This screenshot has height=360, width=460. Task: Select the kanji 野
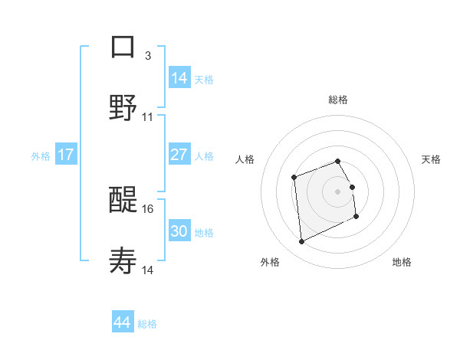(123, 107)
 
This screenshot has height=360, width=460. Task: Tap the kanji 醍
(123, 199)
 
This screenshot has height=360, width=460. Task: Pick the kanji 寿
(123, 261)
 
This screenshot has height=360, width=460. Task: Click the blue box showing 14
(179, 77)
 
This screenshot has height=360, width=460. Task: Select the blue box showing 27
(179, 155)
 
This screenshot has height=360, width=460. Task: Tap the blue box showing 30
(179, 231)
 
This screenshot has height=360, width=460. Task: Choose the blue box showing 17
(66, 155)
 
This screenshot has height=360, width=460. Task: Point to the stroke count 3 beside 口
(148, 55)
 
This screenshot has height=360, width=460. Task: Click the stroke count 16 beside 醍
(148, 208)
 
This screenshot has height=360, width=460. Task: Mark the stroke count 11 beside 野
(148, 116)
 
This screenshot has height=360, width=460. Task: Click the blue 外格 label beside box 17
(41, 156)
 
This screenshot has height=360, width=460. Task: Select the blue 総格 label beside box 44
(147, 324)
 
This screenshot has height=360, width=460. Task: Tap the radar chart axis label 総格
(337, 100)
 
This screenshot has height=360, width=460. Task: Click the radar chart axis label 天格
(432, 159)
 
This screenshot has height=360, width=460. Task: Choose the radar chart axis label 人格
(245, 159)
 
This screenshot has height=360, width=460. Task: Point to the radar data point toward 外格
(302, 242)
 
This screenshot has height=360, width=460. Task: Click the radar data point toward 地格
(356, 217)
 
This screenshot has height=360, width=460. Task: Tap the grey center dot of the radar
(337, 191)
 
